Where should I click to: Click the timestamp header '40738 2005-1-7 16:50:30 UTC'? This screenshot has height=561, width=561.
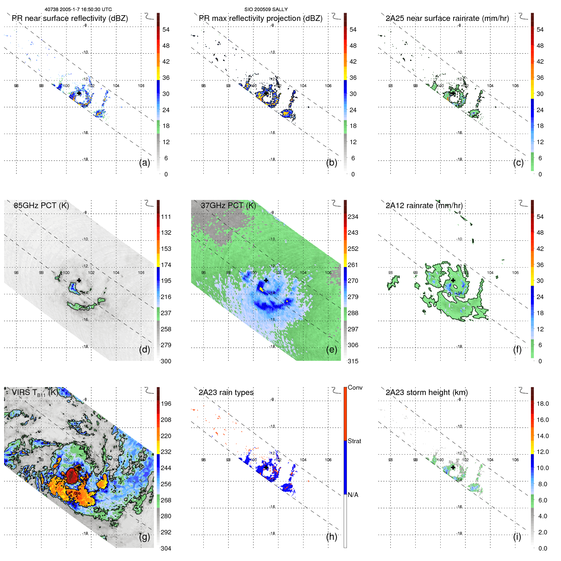78,10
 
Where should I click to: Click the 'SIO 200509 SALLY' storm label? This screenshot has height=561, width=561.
266,10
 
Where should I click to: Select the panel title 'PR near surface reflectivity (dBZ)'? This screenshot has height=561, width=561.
70,18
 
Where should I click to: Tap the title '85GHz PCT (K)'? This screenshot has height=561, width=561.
41,206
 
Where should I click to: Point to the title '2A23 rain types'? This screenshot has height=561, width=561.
226,392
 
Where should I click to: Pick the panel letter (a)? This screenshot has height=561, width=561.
144,163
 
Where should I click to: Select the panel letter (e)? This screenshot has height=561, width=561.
331,349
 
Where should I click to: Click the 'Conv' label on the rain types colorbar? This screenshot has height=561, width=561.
355,387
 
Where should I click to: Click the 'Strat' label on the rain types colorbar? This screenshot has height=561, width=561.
354,441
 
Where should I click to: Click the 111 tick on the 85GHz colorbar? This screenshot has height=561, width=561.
166,217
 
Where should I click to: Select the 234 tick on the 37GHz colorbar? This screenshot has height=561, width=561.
353,217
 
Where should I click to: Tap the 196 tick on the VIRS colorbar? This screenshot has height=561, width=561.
166,404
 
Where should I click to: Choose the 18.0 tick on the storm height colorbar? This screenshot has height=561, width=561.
542,404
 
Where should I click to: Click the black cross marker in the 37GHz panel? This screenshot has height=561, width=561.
266,280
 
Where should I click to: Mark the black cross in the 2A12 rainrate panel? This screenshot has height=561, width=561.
453,280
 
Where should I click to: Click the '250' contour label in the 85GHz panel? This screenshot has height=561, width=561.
84,308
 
